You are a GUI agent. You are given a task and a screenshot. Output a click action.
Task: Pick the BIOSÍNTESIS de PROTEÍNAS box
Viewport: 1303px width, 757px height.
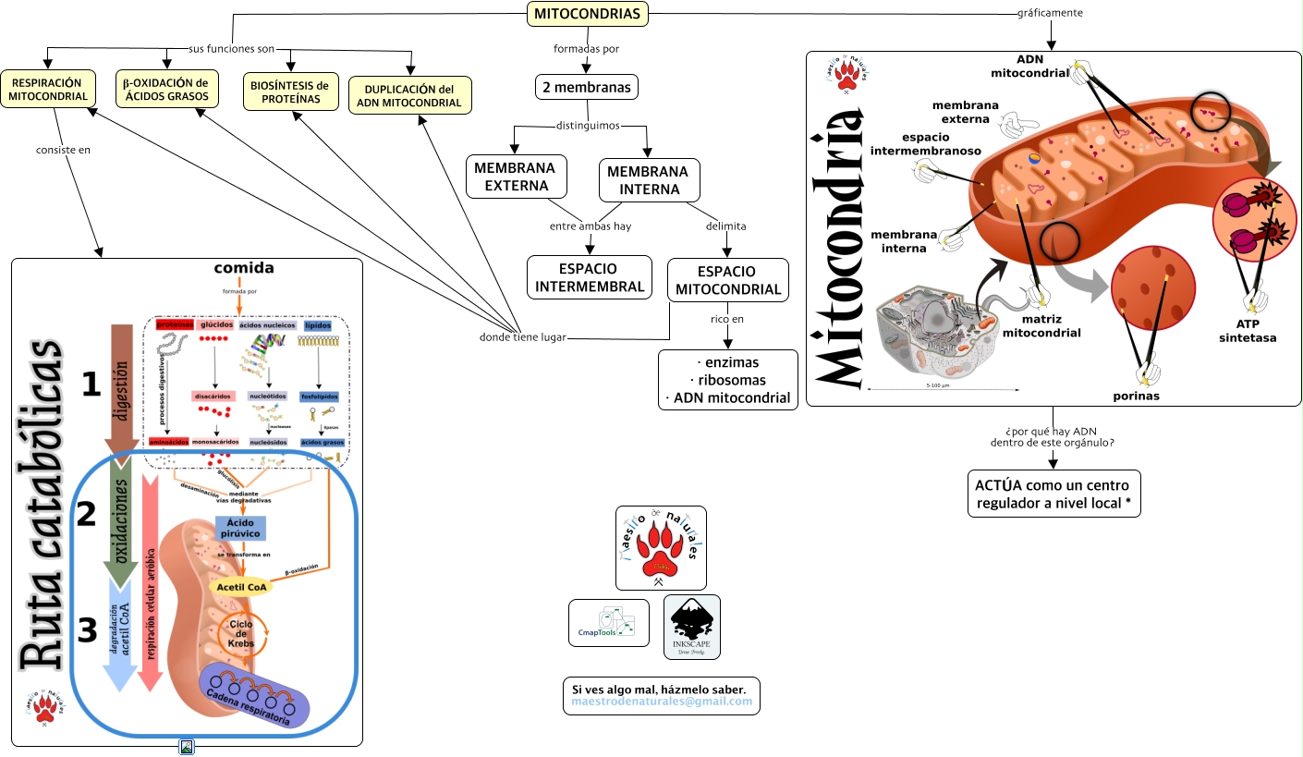[x=290, y=92]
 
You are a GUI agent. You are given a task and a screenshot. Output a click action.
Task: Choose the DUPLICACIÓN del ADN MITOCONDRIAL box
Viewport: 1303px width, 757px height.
[x=409, y=95]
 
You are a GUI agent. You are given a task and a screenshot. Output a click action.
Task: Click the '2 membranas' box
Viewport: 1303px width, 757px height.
[x=586, y=88]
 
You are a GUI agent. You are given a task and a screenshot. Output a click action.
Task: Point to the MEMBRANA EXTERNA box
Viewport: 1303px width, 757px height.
[x=515, y=176]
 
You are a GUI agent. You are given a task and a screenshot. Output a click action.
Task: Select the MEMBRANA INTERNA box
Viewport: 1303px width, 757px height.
[x=649, y=180]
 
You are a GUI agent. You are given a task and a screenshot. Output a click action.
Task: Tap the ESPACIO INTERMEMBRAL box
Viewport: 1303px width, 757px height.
[x=589, y=278]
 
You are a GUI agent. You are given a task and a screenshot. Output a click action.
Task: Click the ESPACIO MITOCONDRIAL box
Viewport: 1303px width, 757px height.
[x=727, y=281]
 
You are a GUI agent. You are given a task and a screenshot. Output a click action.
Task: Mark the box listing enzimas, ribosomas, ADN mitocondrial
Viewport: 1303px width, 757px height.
[x=728, y=379]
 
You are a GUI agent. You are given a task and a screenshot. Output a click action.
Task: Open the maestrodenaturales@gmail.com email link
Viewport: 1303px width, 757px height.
[x=662, y=702]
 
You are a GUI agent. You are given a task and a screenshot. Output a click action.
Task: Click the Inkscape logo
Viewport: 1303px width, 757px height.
[x=692, y=627]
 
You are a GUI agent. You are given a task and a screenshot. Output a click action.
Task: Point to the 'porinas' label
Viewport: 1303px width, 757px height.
[x=1136, y=396]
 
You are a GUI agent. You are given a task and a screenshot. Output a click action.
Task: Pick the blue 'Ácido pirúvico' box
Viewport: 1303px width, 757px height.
[x=240, y=528]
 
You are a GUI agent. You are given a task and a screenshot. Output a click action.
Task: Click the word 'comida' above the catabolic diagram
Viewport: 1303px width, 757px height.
[x=243, y=269]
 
